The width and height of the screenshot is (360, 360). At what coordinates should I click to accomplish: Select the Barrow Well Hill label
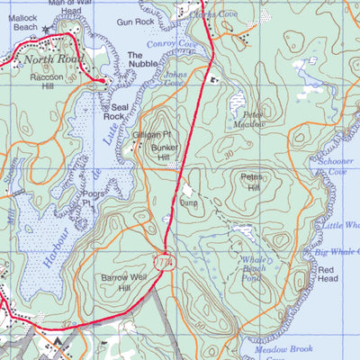[122, 282]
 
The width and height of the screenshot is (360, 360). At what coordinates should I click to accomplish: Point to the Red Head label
[327, 274]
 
